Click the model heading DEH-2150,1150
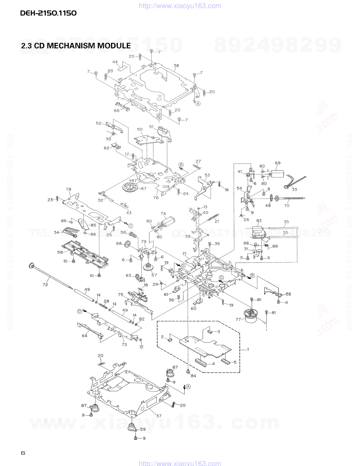click(48, 13)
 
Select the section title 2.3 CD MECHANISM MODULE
click(76, 46)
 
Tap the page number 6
click(23, 453)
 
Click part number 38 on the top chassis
click(176, 66)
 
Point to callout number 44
click(115, 62)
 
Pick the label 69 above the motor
click(278, 163)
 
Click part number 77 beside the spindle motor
click(238, 319)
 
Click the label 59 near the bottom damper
click(143, 429)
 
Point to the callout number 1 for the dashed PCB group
click(248, 349)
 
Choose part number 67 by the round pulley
click(144, 189)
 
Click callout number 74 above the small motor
click(163, 214)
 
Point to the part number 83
click(259, 221)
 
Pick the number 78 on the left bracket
click(68, 190)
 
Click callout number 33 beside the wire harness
click(294, 190)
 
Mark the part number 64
click(85, 336)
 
